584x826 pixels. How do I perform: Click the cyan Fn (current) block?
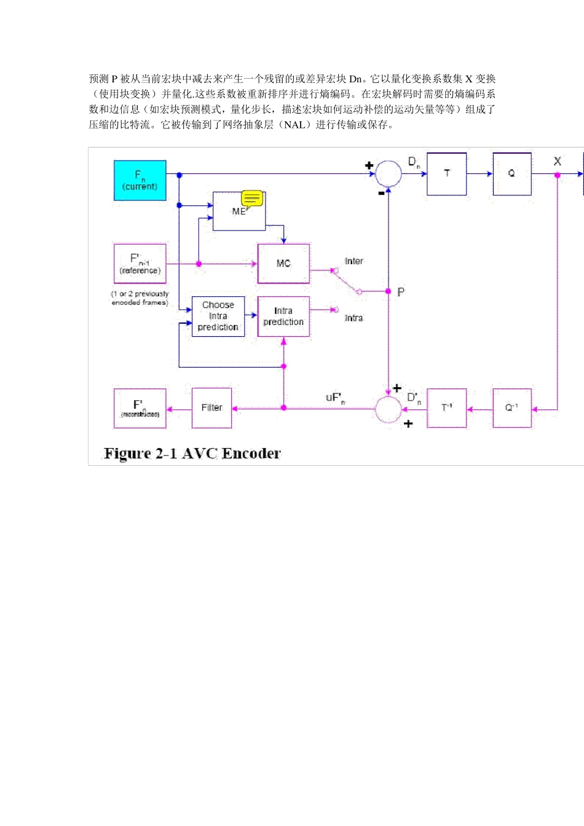point(140,181)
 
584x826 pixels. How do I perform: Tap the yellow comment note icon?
point(252,199)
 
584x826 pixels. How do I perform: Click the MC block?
point(283,264)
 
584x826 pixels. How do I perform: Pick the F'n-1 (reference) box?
point(140,264)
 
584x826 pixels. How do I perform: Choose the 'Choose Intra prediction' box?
point(218,317)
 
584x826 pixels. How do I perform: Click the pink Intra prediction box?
point(283,317)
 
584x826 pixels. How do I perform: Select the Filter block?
point(212,408)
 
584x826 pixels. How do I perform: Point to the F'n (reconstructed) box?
point(140,408)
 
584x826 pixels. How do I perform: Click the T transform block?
point(447,174)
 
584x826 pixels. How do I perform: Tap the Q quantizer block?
point(511,174)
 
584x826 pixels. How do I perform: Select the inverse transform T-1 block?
point(447,408)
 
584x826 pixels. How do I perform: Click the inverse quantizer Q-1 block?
point(511,408)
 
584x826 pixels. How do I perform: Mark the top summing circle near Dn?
point(389,174)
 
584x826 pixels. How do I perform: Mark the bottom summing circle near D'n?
point(389,409)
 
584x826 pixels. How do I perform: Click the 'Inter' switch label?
point(353,261)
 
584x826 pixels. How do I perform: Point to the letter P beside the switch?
point(401,292)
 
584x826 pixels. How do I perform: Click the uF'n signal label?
point(335,398)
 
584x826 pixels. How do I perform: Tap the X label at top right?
point(557,161)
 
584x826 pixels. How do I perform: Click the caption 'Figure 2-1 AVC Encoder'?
point(192,454)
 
